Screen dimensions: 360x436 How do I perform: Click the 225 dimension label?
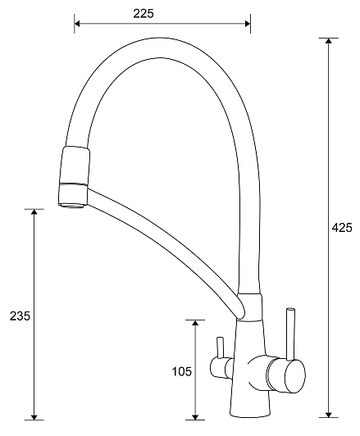click(144, 14)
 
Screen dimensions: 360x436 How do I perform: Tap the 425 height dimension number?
click(342, 228)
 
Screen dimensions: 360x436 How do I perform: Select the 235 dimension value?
click(20, 316)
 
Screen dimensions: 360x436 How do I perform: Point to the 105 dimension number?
click(182, 371)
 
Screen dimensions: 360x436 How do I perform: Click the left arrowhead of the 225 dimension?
click(77, 24)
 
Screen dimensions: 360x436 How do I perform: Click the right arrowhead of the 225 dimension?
click(248, 24)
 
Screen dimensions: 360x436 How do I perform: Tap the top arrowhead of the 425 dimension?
click(329, 41)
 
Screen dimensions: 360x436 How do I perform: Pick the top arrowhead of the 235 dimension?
click(34, 212)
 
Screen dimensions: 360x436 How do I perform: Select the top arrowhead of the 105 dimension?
click(195, 323)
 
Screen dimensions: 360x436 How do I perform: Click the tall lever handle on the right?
click(290, 334)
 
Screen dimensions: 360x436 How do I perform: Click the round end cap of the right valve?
click(295, 376)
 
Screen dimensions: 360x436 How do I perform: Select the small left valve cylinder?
click(221, 368)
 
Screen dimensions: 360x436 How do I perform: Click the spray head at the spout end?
click(75, 175)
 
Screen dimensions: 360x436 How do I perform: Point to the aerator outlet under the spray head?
click(73, 206)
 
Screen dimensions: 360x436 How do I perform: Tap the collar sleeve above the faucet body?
click(249, 307)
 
